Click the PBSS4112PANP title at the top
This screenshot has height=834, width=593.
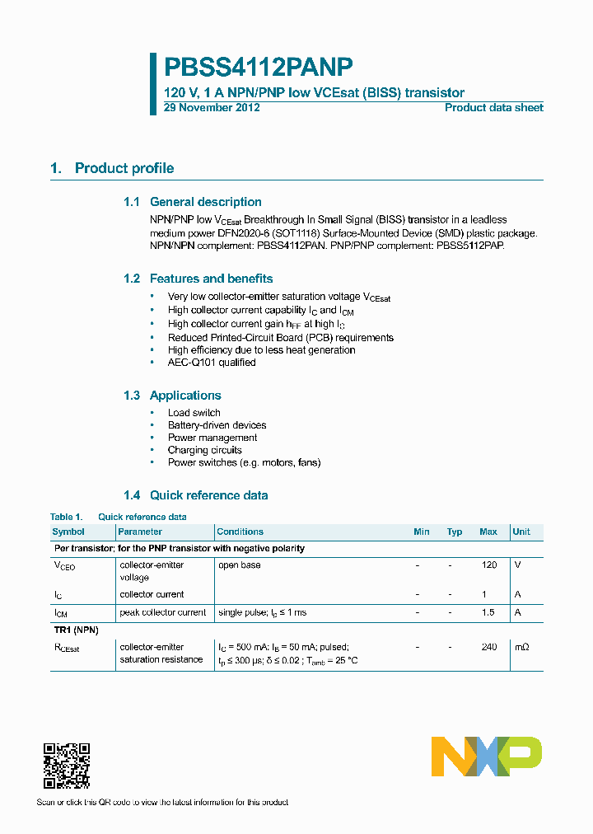click(259, 68)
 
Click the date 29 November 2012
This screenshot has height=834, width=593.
click(212, 108)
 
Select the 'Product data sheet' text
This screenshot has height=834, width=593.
click(493, 108)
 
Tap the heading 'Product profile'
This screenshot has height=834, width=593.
click(124, 168)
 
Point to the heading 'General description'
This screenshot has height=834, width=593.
click(205, 202)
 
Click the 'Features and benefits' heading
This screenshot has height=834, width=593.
click(211, 279)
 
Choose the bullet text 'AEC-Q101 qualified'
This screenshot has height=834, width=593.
click(212, 363)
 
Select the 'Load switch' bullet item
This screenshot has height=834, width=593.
click(194, 413)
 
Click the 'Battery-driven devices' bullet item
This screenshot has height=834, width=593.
click(217, 425)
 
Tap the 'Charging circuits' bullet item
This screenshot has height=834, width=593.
click(204, 450)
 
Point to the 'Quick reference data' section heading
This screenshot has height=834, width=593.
click(208, 495)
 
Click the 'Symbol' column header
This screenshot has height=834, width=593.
click(68, 532)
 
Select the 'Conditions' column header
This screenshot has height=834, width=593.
click(240, 532)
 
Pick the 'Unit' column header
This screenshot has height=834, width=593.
click(521, 532)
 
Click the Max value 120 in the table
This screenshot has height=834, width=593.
click(489, 565)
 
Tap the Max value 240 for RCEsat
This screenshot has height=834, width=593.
click(489, 648)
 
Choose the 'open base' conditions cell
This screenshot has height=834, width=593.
click(240, 565)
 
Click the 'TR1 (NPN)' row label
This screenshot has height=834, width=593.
click(77, 630)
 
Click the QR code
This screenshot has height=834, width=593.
click(66, 766)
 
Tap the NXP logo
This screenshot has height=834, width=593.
click(487, 756)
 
